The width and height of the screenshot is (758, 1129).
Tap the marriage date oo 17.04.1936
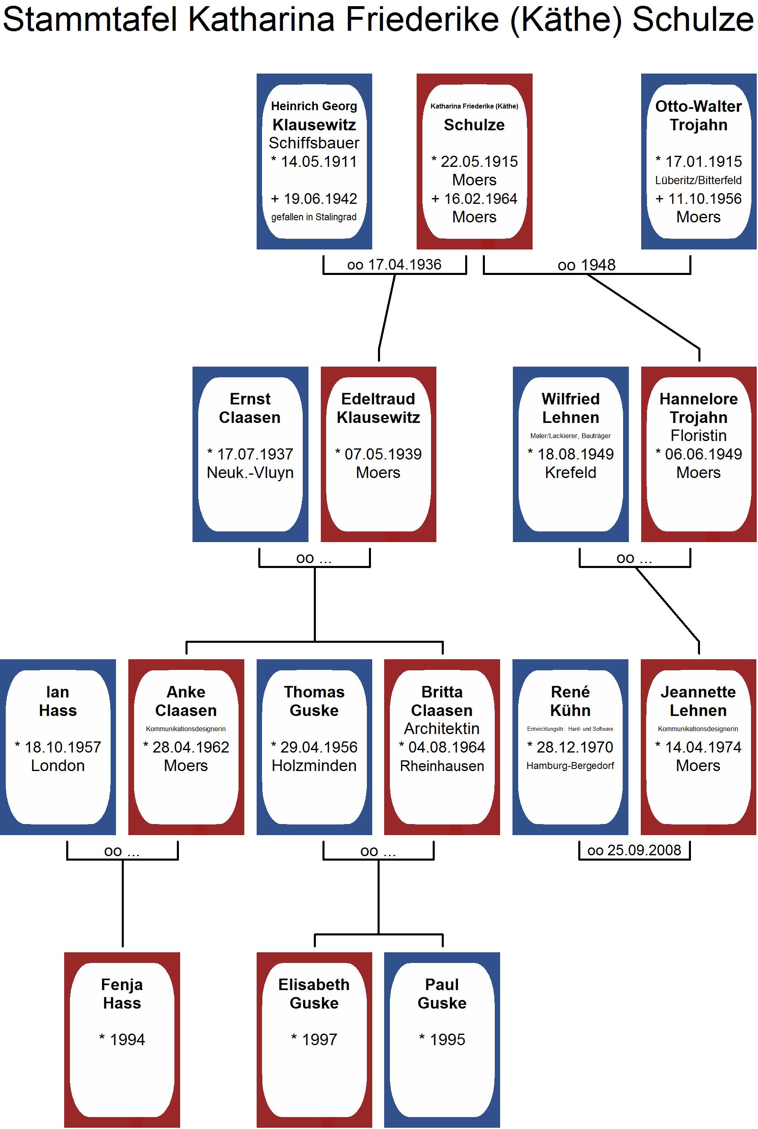(394, 265)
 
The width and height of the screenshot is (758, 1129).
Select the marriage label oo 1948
(586, 265)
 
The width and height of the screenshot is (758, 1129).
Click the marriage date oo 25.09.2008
(634, 850)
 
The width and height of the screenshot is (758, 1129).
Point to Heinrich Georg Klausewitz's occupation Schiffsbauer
(314, 143)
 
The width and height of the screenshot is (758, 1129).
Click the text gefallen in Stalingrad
(314, 217)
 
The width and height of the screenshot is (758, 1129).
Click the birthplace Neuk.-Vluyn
(250, 473)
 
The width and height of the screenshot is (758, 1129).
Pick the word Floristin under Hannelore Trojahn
(698, 436)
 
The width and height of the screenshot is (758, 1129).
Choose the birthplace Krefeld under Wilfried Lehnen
(570, 473)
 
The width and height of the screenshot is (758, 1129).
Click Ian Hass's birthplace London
(58, 766)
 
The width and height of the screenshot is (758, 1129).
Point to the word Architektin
(442, 729)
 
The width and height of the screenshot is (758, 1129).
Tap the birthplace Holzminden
(314, 766)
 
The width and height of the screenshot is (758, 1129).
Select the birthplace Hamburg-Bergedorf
(570, 766)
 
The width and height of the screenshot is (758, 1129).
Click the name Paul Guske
(442, 994)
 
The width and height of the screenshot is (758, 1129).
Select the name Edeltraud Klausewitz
(378, 408)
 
